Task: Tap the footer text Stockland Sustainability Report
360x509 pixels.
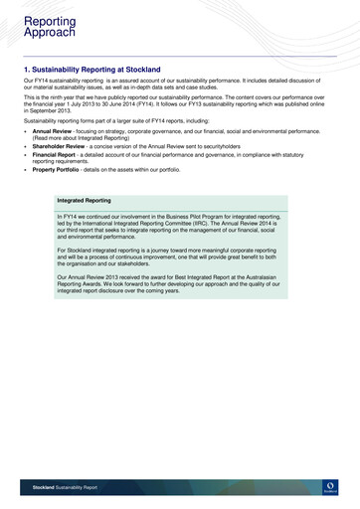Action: [x=65, y=488]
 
